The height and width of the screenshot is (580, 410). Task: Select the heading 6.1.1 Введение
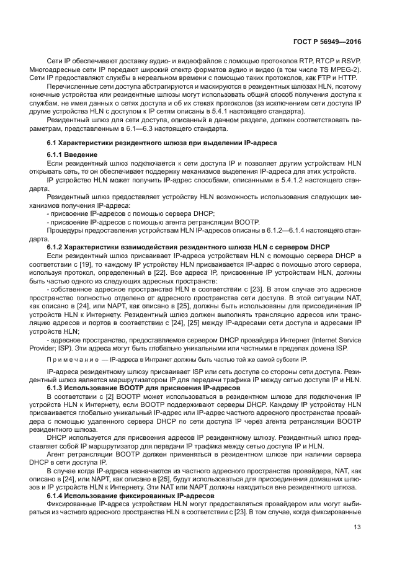click(72, 154)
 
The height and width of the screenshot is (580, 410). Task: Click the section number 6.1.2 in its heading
click(56, 247)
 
